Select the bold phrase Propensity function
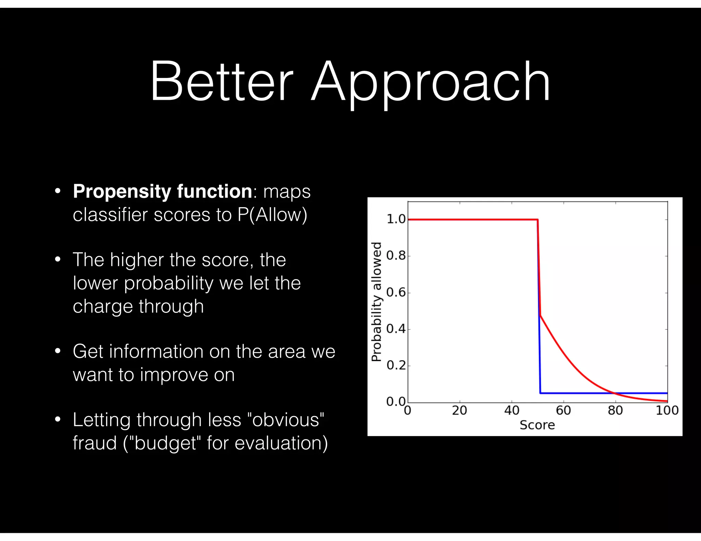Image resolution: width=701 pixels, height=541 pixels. tap(163, 191)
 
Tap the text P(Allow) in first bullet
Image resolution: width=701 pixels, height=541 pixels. tap(272, 215)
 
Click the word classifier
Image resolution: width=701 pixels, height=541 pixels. tap(110, 215)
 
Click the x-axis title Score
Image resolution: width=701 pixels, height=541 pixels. tap(537, 425)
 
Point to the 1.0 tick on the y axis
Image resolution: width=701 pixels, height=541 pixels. tap(396, 219)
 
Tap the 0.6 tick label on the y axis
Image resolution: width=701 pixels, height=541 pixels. tap(396, 292)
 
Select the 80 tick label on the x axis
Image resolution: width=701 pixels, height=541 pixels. tap(615, 410)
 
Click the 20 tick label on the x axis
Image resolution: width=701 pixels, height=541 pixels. tap(459, 410)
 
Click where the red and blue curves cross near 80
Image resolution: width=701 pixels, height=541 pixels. tap(615, 393)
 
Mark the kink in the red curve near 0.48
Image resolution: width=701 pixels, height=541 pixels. tap(540, 315)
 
